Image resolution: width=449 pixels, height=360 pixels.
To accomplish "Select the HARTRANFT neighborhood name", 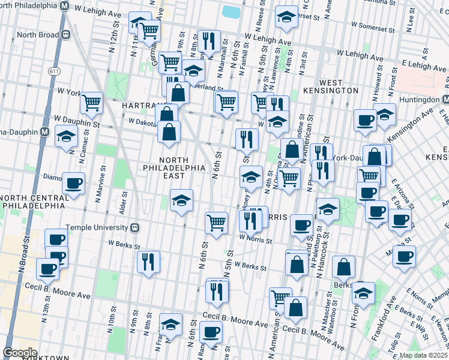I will pyautogui.click(x=139, y=105).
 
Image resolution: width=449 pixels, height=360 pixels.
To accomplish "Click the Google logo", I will pyautogui.click(x=20, y=353).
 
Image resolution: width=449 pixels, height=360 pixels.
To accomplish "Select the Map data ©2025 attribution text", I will pyautogui.click(x=423, y=355).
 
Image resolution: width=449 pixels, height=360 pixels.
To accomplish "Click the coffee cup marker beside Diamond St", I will pyautogui.click(x=74, y=184).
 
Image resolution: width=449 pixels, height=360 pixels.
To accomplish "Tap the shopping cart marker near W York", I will pyautogui.click(x=92, y=103).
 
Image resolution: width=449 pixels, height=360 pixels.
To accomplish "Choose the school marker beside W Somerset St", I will pyautogui.click(x=287, y=18).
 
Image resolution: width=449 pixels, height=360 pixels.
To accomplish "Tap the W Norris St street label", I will pyautogui.click(x=256, y=238).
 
